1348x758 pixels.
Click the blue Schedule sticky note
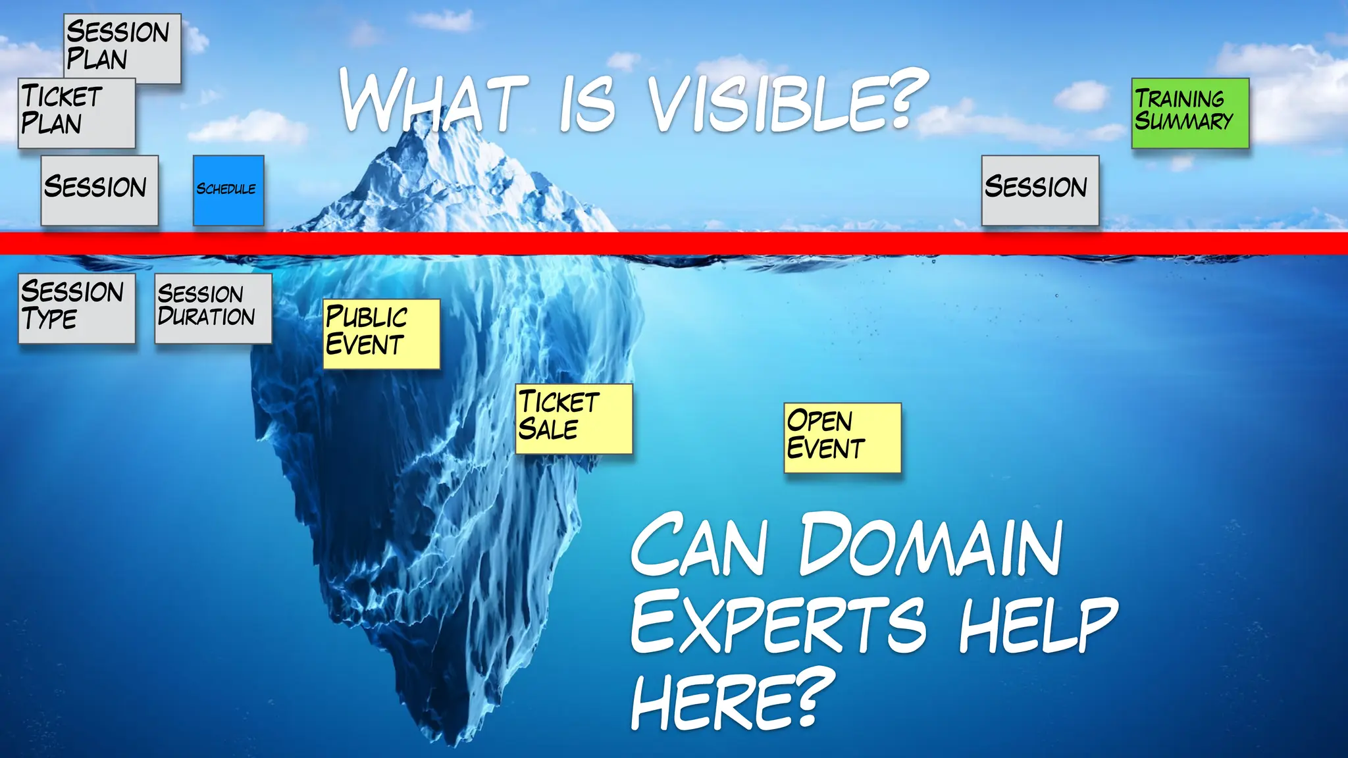pos(228,190)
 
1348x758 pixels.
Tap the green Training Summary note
pos(1190,113)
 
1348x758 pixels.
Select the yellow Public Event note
pos(380,334)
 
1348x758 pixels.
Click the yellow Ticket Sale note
pos(573,418)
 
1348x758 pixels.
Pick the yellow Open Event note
pos(842,437)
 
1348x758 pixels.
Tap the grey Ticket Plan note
pos(76,113)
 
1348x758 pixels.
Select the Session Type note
pos(76,308)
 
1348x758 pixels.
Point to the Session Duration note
pos(213,308)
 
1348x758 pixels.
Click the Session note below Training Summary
pos(1040,190)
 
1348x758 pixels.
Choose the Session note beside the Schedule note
pos(99,190)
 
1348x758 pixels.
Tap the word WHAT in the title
pos(434,102)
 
